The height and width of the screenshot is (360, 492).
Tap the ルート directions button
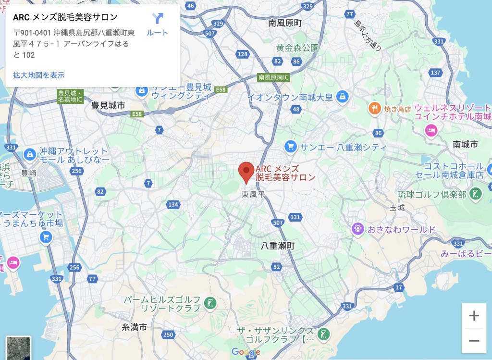[158, 24]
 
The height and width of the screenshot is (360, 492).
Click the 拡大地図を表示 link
[39, 75]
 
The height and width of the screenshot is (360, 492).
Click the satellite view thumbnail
[19, 348]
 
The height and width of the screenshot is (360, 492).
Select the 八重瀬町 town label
[278, 246]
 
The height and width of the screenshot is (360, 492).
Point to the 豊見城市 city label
[108, 105]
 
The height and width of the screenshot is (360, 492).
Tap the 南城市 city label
[465, 144]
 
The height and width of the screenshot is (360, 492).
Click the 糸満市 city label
[134, 327]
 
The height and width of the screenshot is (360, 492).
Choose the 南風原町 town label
[285, 23]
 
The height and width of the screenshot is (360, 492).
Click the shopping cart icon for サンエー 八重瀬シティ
[290, 146]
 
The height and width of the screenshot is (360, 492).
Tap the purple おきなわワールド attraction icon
[357, 229]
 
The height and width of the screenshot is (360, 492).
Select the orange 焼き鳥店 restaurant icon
[375, 109]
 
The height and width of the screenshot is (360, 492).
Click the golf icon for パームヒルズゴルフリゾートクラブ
[209, 303]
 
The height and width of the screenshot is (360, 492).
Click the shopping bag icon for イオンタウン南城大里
[342, 97]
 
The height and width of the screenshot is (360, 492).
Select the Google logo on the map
[246, 352]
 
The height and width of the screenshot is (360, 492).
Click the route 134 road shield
[173, 205]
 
